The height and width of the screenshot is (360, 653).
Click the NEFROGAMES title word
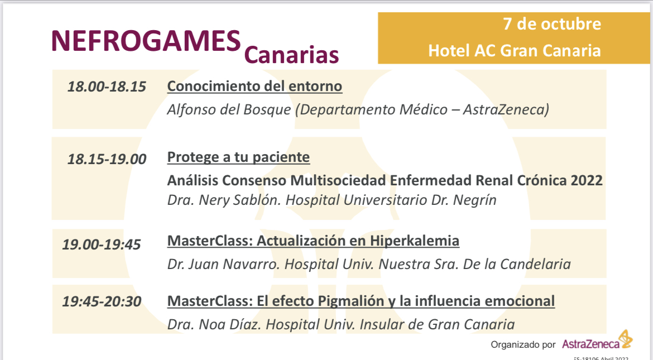click(146, 41)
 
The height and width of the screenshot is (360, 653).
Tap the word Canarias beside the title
click(291, 55)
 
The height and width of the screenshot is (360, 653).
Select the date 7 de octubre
click(552, 24)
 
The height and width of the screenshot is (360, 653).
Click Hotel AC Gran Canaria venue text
click(515, 51)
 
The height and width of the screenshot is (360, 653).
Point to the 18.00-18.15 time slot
click(107, 87)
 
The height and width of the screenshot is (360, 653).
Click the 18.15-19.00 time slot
click(107, 159)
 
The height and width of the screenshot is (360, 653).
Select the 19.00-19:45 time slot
click(102, 244)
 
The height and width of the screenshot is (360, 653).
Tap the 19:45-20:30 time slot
click(102, 301)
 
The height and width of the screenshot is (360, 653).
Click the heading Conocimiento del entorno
click(255, 87)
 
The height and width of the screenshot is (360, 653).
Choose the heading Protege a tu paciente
click(238, 157)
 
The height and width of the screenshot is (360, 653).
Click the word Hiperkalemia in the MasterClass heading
click(414, 241)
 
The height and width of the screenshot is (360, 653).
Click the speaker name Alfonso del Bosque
click(229, 109)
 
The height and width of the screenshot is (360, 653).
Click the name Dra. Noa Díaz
click(214, 325)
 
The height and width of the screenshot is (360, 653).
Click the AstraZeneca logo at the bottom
click(597, 341)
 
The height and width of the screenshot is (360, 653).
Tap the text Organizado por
click(523, 344)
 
